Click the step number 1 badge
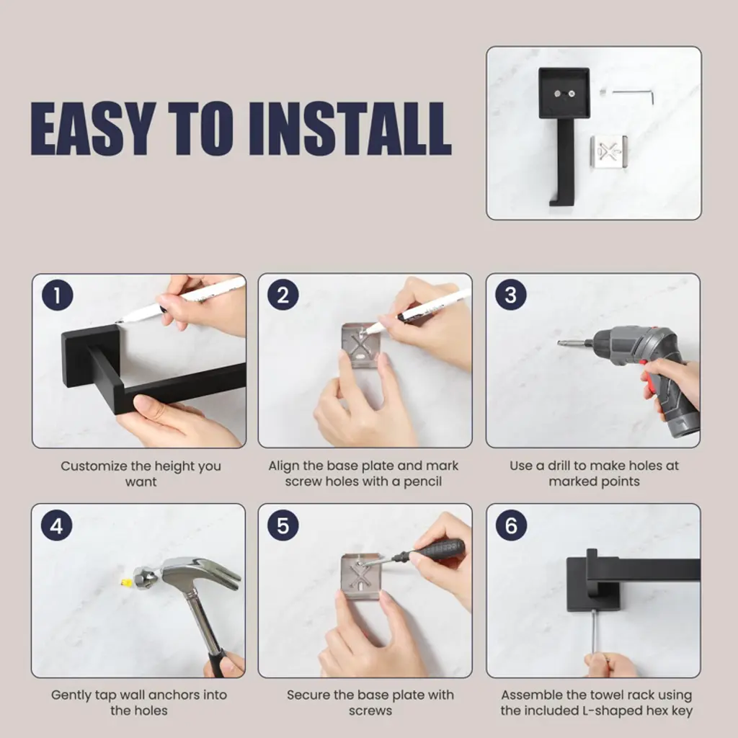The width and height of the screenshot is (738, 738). (58, 295)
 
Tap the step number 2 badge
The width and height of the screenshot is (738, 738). (283, 295)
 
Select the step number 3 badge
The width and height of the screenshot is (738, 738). (511, 295)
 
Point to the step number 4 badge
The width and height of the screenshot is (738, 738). (56, 525)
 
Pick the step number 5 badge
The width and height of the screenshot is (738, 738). (283, 525)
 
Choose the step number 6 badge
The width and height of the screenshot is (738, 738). (511, 525)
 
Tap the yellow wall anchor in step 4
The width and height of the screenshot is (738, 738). (125, 582)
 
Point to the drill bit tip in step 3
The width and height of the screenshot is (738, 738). (560, 343)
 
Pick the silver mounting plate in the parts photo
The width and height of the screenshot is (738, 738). (609, 151)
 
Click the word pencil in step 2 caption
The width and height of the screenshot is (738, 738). (422, 482)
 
